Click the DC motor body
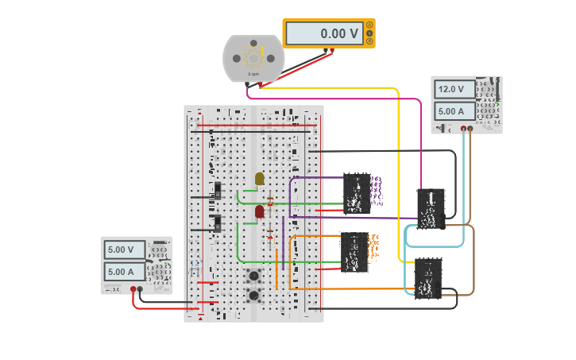253,58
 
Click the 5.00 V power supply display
126,250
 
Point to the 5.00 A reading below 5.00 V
126,271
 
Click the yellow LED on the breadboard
259,179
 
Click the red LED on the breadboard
259,211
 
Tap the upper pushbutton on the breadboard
255,277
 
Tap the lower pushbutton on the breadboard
255,296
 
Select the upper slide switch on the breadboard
218,192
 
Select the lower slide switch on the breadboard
218,224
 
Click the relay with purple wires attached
357,194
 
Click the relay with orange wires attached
354,253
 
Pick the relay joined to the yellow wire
427,279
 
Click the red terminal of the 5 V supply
133,290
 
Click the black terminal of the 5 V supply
141,290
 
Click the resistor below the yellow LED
269,200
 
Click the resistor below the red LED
269,233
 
